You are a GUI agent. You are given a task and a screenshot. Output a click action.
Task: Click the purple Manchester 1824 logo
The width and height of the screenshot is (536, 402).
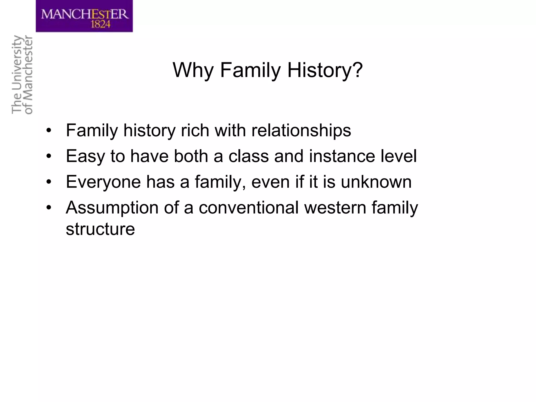coord(84,16)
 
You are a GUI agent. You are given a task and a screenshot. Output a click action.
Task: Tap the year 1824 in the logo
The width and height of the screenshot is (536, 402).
coord(101,24)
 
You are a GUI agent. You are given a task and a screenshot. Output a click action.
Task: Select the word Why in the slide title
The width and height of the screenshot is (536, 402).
coord(193,70)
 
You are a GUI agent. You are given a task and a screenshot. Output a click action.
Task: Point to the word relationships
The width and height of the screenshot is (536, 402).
coord(301,130)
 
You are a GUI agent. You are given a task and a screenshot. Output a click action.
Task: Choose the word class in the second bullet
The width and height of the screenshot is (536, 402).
coord(249,156)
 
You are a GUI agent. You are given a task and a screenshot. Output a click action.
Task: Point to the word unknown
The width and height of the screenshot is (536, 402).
coord(376,182)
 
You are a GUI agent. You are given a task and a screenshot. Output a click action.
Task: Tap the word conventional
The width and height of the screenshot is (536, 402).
coord(249,208)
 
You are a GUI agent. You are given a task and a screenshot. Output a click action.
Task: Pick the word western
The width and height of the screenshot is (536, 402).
coord(335,208)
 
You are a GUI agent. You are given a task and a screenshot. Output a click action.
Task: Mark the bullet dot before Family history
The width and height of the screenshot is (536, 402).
coord(48,131)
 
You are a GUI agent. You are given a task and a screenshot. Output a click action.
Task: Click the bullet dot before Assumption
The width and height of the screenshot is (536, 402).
coord(48,208)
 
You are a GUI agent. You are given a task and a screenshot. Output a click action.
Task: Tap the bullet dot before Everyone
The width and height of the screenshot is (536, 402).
coord(48,182)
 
